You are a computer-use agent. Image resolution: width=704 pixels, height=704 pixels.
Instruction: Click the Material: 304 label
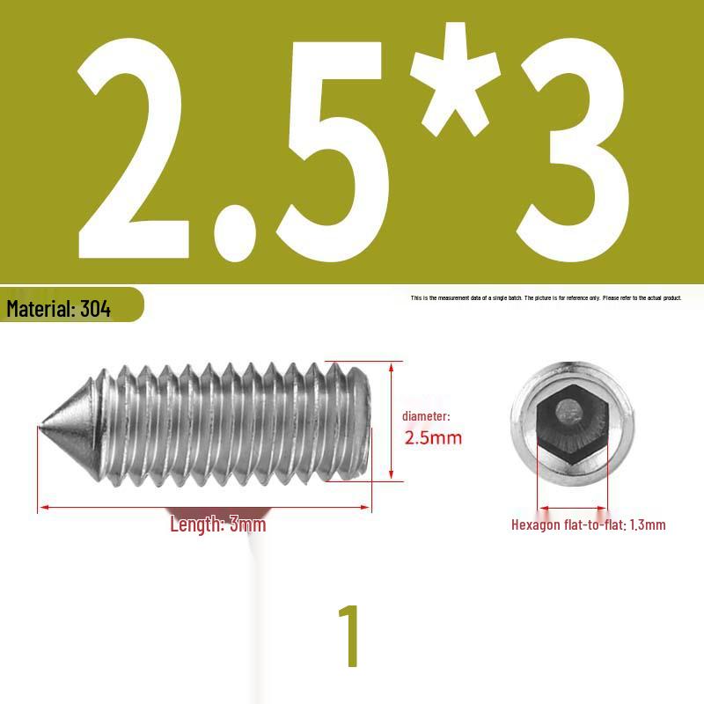pos(59,309)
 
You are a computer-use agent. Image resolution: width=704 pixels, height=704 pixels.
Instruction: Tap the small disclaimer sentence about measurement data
pos(546,298)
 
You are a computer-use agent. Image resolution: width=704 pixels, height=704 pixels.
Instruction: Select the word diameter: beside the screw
pos(426,416)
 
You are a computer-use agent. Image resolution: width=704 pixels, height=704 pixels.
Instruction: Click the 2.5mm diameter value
pos(432,437)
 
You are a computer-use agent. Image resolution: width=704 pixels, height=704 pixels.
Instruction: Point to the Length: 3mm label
pos(217,525)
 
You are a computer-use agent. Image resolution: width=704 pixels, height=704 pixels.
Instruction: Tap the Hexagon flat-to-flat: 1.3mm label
pos(588,525)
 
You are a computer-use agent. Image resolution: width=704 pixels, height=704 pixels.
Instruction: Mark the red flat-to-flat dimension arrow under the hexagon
pos(572,508)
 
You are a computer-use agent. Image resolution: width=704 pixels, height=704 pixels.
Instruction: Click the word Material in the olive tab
pos(40,309)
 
